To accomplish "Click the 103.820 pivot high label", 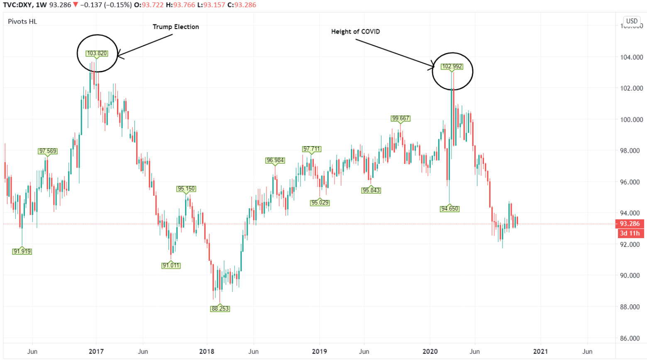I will (97, 54).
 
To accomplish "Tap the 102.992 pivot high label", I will (452, 66).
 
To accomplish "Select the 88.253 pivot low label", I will (220, 309).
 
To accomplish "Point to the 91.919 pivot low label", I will (22, 251).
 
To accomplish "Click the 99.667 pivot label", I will (400, 118).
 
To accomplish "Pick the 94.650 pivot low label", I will (450, 209).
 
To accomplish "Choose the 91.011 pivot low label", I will (171, 265).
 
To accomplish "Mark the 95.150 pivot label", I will (186, 189).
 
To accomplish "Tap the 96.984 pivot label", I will (276, 160).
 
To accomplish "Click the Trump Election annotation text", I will (176, 27).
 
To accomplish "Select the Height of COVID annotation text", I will (355, 32).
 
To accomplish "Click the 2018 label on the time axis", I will (207, 351).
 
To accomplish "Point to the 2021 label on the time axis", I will (540, 351).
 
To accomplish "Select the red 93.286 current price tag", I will (630, 224).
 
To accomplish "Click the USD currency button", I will (632, 21).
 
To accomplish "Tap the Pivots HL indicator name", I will (22, 22).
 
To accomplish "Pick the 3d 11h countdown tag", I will (630, 233).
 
